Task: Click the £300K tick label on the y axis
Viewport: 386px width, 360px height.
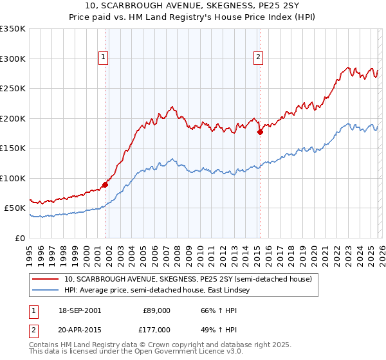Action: (12, 59)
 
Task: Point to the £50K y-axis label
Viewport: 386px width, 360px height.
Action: (15, 208)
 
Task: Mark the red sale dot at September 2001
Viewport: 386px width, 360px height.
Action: (105, 184)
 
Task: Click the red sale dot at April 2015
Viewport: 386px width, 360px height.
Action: (260, 132)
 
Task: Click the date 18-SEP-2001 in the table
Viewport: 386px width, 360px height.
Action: (80, 310)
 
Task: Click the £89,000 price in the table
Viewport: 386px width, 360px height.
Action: (156, 310)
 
